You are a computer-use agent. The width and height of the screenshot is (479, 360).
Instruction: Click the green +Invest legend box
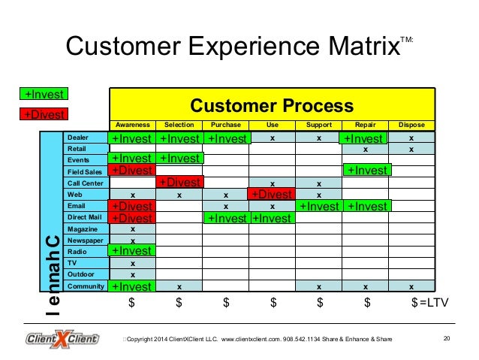(x=43, y=95)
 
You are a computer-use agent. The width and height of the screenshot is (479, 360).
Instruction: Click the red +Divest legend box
(x=43, y=114)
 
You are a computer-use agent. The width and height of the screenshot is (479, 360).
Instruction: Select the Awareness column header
(x=133, y=125)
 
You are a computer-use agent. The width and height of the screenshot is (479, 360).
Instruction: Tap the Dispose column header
(x=411, y=125)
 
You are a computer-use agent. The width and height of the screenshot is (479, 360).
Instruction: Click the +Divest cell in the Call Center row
(x=179, y=182)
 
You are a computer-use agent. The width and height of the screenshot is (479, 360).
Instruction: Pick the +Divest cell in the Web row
(x=272, y=194)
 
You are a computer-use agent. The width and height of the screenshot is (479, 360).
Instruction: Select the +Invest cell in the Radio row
(x=132, y=251)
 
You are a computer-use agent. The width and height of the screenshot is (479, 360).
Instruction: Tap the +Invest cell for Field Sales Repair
(x=366, y=171)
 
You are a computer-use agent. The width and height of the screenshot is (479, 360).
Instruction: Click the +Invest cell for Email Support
(x=319, y=206)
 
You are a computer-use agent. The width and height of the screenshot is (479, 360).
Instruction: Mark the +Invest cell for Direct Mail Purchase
(x=226, y=218)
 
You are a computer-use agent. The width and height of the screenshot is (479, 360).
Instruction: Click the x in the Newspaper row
(x=133, y=241)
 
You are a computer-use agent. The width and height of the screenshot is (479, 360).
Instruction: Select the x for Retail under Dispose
(x=411, y=149)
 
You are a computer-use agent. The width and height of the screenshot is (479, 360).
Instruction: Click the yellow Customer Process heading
(x=273, y=104)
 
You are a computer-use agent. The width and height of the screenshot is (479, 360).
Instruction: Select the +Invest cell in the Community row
(x=132, y=286)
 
